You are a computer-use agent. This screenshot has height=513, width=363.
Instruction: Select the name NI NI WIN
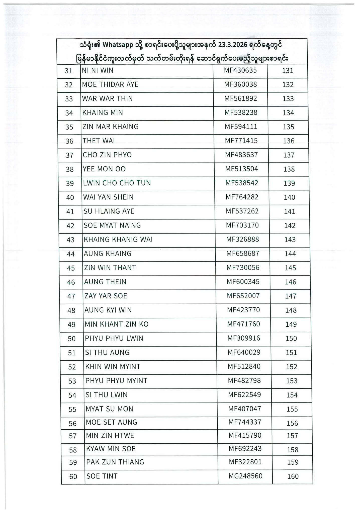(98, 70)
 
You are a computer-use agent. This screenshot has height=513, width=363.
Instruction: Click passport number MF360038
(240, 84)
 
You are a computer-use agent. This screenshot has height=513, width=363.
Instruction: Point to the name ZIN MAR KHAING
(111, 127)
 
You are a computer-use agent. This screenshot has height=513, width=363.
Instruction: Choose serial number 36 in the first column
(69, 141)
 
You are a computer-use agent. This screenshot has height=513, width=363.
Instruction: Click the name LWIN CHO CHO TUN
(117, 183)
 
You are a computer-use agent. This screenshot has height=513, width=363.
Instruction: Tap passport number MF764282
(242, 197)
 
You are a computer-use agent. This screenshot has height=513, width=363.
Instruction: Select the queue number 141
(290, 212)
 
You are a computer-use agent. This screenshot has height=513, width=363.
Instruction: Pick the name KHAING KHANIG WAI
(118, 239)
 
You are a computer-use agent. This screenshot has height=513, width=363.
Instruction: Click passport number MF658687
(243, 253)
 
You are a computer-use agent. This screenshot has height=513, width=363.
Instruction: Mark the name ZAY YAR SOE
(106, 296)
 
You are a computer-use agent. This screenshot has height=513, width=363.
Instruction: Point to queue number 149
(291, 324)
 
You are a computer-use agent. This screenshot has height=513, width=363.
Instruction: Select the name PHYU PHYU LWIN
(114, 338)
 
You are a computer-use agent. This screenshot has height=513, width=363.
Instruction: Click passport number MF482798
(244, 381)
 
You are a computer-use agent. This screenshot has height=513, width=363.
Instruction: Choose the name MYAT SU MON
(110, 409)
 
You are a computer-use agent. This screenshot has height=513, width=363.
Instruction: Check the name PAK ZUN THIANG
(115, 462)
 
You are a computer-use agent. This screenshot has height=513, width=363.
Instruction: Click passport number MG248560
(245, 476)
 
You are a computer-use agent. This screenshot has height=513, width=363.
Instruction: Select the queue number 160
(293, 476)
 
